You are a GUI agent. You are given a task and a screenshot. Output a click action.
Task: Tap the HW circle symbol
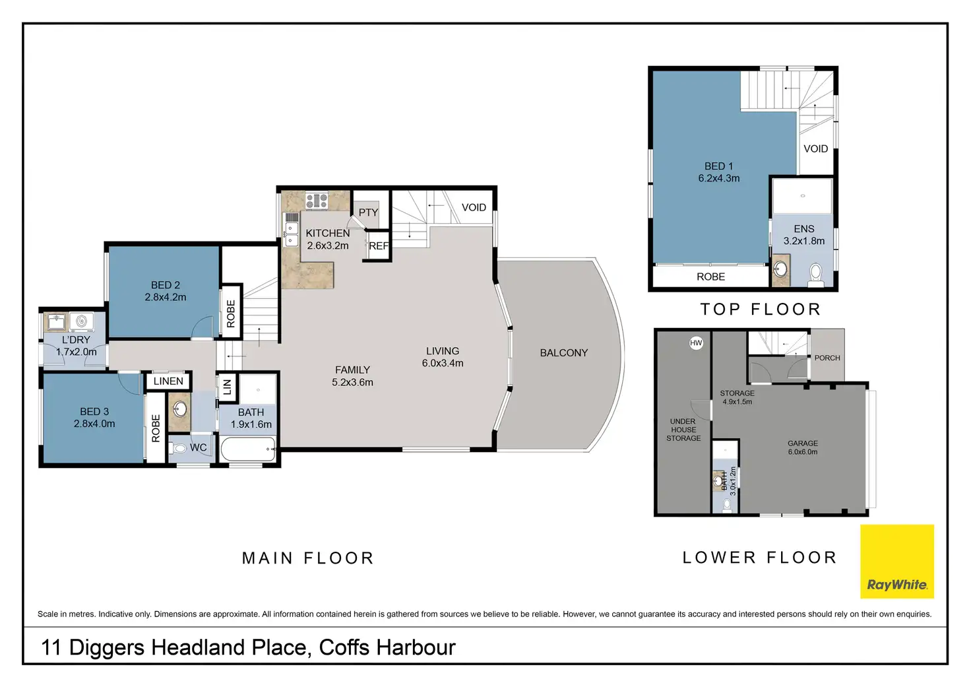(696, 343)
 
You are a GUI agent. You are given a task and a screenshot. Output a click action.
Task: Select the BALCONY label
(563, 353)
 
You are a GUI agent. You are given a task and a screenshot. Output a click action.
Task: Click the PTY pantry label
(369, 213)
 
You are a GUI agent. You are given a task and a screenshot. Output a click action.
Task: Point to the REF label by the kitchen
(379, 246)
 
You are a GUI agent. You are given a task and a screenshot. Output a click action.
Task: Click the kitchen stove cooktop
(317, 201)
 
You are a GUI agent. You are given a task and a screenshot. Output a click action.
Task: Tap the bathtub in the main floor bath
(248, 449)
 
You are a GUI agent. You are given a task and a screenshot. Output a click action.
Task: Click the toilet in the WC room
(177, 447)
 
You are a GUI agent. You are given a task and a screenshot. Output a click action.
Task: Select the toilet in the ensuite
(816, 274)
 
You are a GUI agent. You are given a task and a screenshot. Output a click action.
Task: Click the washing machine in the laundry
(82, 321)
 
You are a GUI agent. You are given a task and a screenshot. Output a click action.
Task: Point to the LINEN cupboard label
(168, 381)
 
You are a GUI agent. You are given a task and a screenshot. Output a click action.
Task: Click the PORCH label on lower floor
(827, 358)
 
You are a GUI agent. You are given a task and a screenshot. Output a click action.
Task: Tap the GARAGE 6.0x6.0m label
(802, 447)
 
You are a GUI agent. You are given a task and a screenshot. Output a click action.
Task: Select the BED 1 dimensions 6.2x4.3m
(719, 178)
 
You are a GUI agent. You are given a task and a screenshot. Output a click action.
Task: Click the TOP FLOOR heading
(761, 310)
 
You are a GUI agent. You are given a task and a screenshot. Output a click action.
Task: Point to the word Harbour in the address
(416, 647)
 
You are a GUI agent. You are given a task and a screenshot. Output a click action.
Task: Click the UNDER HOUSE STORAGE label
(683, 430)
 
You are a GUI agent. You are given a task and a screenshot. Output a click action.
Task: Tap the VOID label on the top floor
(816, 148)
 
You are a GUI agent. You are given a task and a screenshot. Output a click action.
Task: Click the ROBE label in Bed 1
(710, 277)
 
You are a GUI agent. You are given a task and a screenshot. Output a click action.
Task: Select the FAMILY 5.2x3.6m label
(352, 376)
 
